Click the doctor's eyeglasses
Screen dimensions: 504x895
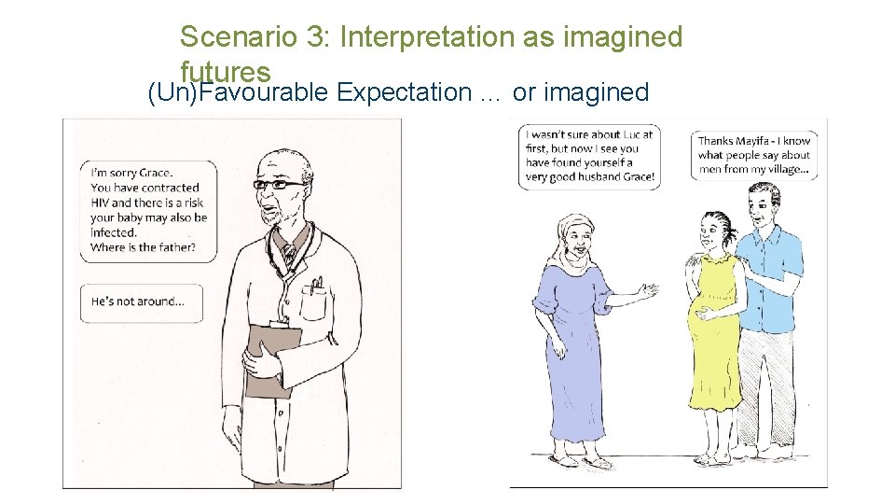(279, 185)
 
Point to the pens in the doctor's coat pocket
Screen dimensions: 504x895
(318, 284)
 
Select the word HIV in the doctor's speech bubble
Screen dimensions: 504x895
(101, 203)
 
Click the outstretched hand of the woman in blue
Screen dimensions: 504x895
(648, 292)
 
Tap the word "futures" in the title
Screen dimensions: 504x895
(226, 71)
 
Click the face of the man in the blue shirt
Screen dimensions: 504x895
(763, 206)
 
